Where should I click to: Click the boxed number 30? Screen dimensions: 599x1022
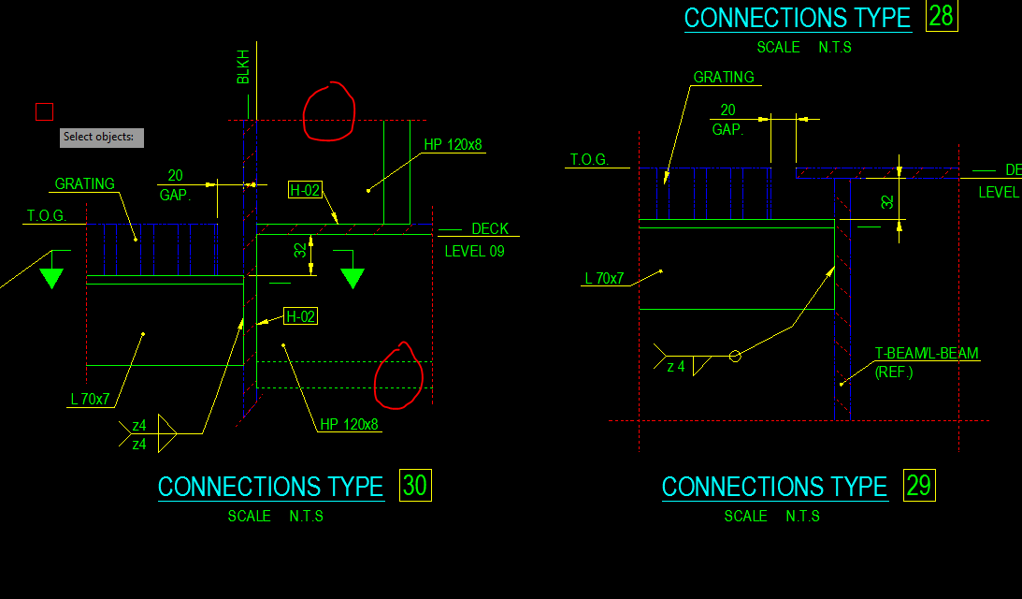pos(414,485)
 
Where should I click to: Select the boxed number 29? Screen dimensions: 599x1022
pos(918,485)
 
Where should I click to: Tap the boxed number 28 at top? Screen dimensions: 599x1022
pos(941,16)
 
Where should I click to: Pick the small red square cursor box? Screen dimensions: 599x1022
pos(45,112)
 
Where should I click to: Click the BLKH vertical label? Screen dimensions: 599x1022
pos(243,66)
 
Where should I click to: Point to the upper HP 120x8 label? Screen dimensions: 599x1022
pos(453,145)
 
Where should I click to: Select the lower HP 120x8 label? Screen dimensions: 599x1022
pos(349,424)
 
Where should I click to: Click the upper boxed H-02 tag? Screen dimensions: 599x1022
pos(305,191)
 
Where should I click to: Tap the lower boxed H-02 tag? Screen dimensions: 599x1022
pos(300,316)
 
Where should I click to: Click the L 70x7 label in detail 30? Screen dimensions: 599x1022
pos(90,400)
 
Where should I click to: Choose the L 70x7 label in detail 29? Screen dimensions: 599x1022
pos(604,278)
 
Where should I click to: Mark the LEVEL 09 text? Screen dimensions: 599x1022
pos(474,251)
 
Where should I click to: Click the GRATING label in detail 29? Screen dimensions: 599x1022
pos(723,77)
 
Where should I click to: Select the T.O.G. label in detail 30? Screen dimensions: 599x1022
pos(46,216)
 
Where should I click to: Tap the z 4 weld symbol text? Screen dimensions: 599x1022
pos(676,367)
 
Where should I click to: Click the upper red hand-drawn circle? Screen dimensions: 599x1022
pos(329,111)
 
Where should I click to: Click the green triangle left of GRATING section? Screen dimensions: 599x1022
pos(51,277)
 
